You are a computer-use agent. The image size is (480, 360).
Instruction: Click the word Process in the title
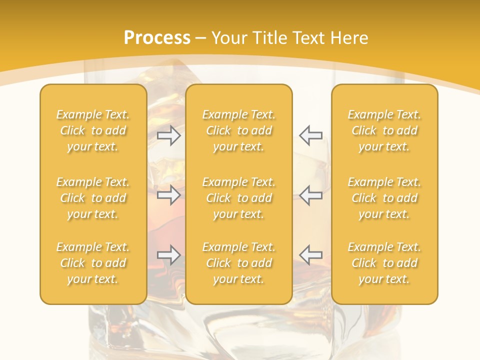pos(157,38)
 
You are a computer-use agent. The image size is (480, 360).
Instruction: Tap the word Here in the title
pos(349,38)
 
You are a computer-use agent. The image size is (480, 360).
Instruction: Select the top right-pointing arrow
pos(169,135)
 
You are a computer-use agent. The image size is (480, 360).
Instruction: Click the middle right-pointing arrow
pos(169,195)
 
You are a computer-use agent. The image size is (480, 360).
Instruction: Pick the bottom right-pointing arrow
pos(169,255)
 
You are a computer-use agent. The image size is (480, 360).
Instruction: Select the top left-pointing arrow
pos(310,135)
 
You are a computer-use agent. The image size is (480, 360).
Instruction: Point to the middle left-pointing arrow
pos(310,195)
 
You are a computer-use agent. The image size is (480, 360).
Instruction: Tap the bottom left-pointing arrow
pos(310,255)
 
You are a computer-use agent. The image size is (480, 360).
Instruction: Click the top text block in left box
pos(93,130)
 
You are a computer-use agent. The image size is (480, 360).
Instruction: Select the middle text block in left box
pos(93,198)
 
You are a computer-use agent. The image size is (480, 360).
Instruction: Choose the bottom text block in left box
pos(93,263)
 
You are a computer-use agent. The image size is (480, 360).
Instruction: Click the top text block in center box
pos(238,130)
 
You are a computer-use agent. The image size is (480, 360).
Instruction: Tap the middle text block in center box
pos(238,198)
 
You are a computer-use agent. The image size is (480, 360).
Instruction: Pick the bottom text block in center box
pos(238,263)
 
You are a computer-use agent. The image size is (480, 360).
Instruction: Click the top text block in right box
pos(384,130)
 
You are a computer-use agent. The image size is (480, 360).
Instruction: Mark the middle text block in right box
pos(384,198)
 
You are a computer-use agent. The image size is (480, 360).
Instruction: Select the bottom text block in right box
pos(384,263)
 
